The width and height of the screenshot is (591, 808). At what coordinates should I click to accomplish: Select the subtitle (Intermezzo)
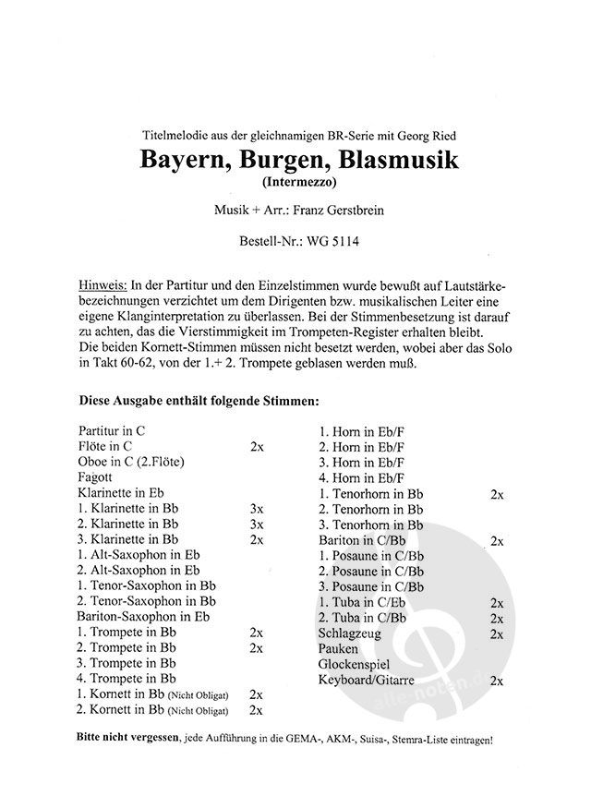click(x=295, y=182)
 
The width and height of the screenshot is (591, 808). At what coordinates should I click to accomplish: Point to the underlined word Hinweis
click(x=103, y=280)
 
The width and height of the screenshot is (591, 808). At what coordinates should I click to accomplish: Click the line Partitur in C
click(x=113, y=429)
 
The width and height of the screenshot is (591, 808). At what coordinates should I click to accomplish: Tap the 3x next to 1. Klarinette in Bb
click(x=257, y=509)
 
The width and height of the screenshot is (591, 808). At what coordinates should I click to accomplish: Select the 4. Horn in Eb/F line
click(x=362, y=477)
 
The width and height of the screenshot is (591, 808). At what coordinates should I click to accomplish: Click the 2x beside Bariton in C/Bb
click(x=496, y=540)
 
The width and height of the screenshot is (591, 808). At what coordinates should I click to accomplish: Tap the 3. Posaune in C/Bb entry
click(x=371, y=586)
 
